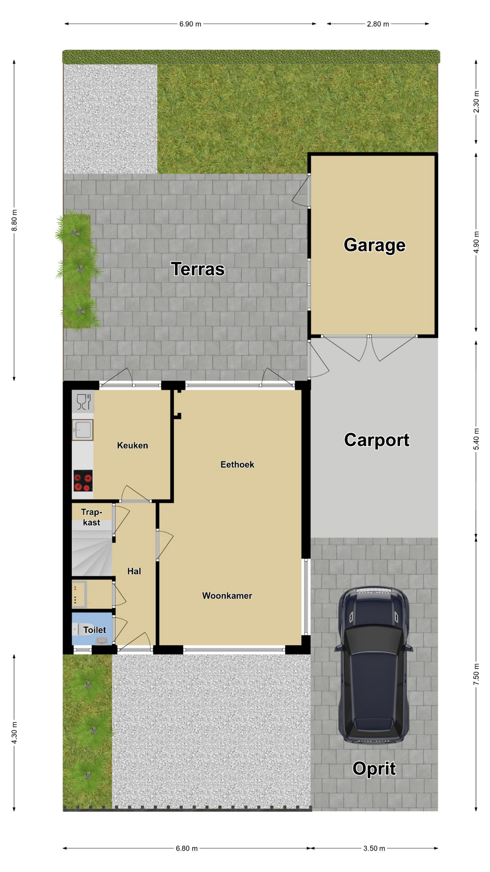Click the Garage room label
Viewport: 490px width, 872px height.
[374, 245]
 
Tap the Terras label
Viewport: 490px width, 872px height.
[198, 269]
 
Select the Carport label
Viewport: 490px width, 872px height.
[377, 440]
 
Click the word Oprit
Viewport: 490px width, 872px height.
[374, 768]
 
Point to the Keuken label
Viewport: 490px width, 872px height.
[132, 446]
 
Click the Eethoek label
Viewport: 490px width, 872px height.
[237, 465]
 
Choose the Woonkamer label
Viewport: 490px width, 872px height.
[227, 596]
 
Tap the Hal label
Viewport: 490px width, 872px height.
[134, 571]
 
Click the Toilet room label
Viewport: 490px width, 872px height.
[94, 630]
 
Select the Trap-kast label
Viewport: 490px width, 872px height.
[91, 517]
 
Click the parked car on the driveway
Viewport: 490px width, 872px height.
[374, 665]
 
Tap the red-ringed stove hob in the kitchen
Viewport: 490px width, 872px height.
[83, 481]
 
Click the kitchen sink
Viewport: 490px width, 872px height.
[83, 430]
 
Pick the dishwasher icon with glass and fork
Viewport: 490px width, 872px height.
[83, 402]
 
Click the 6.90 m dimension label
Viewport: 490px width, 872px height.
[191, 24]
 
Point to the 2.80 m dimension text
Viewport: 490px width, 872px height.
[378, 24]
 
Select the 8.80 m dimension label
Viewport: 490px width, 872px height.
[15, 220]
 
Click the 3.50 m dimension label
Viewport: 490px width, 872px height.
[374, 848]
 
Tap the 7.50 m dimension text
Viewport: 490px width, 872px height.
[476, 674]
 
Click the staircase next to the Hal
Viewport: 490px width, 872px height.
[92, 548]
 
